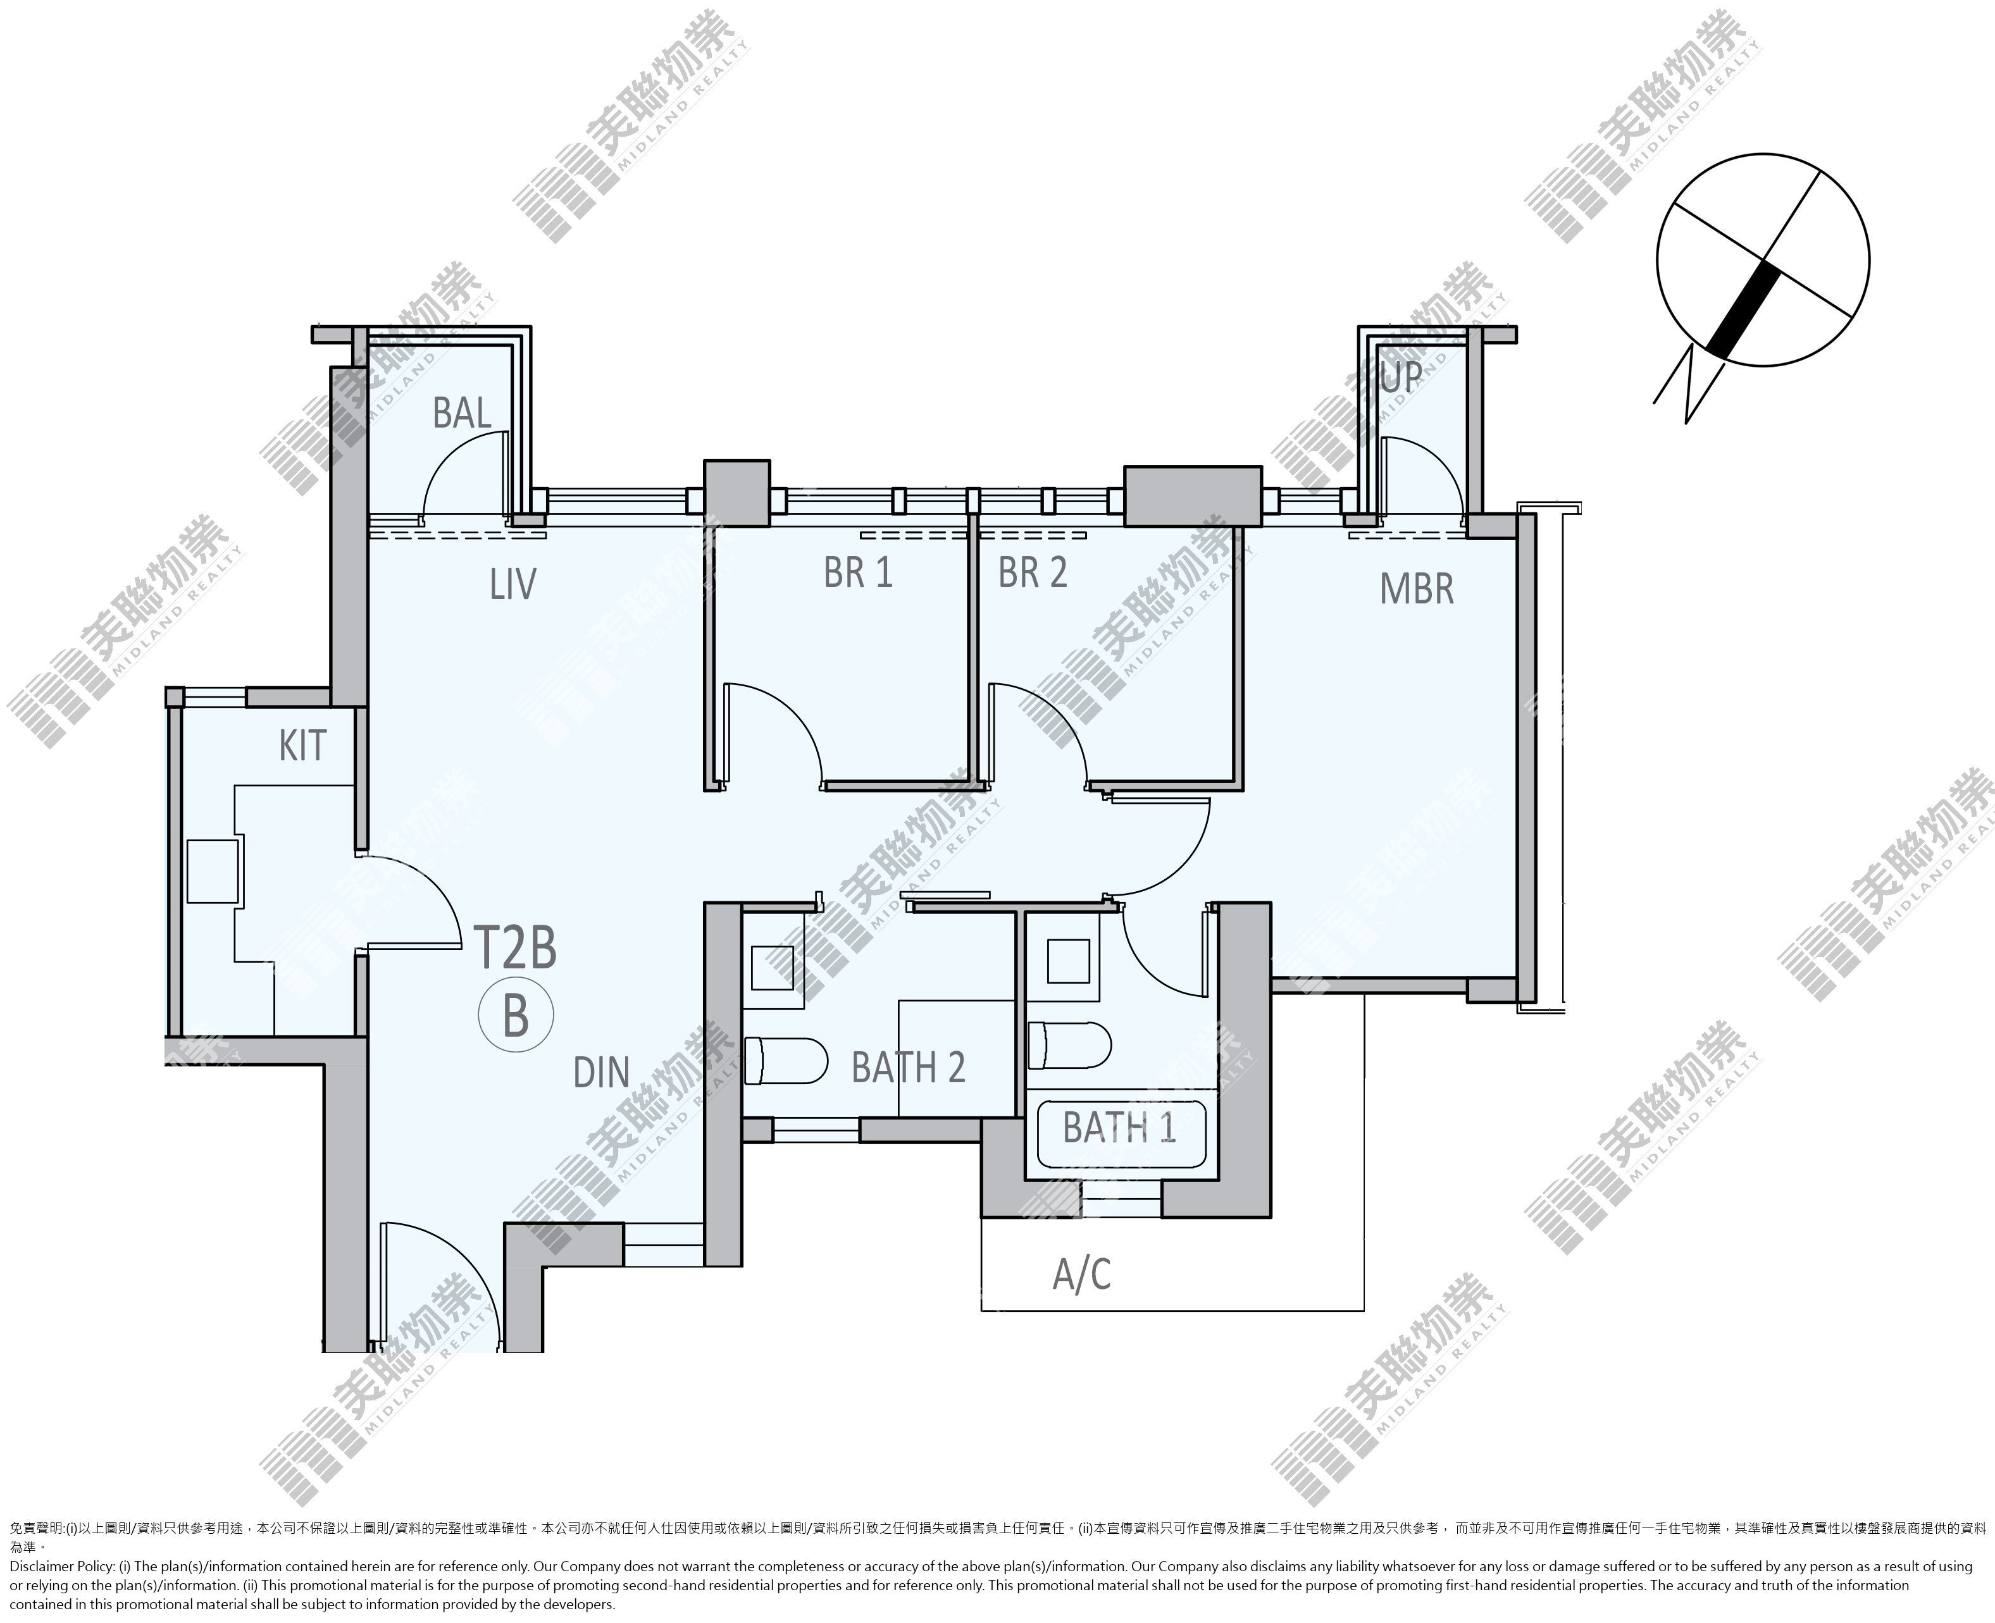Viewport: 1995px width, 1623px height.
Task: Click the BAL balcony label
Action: point(462,412)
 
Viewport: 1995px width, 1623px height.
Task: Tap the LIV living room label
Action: point(513,584)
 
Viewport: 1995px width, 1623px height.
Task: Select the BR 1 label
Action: point(858,573)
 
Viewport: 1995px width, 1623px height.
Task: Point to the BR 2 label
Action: point(1033,573)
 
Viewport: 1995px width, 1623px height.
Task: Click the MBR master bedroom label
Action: point(1417,589)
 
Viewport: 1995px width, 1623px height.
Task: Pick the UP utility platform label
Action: point(1402,377)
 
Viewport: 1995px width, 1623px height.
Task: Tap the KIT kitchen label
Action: point(302,746)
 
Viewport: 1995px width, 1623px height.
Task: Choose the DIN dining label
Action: point(601,1072)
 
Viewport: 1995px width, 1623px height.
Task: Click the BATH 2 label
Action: point(908,1067)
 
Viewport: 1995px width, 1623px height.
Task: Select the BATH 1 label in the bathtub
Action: point(1119,1128)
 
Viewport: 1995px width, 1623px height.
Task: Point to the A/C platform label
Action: point(1082,1273)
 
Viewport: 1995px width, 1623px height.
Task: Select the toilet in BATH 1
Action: point(1070,1044)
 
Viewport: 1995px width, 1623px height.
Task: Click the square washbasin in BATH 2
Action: point(773,968)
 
